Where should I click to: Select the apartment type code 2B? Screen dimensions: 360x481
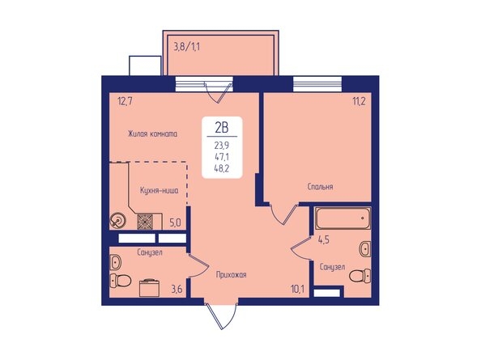[x=221, y=126]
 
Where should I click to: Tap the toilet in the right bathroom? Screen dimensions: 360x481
[x=359, y=277]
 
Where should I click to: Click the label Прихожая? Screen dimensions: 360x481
[x=231, y=275]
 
